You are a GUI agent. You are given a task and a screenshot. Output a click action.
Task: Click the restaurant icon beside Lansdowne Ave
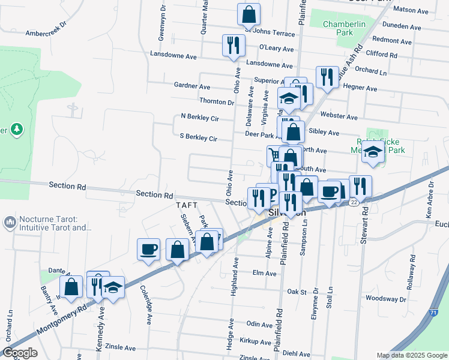[x=233, y=45]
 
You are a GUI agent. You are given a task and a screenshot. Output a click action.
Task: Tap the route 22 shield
[x=354, y=202]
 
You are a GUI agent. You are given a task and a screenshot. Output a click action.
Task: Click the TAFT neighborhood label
[x=187, y=205]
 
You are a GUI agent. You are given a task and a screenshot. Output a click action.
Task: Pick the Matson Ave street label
[x=411, y=10]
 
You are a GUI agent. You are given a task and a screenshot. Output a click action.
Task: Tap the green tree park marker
[x=17, y=129]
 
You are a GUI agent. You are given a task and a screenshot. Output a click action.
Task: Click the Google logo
[x=20, y=353]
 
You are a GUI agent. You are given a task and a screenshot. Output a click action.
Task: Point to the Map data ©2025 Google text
[x=411, y=355]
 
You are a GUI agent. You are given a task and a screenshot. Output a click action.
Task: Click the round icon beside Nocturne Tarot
[x=10, y=223]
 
